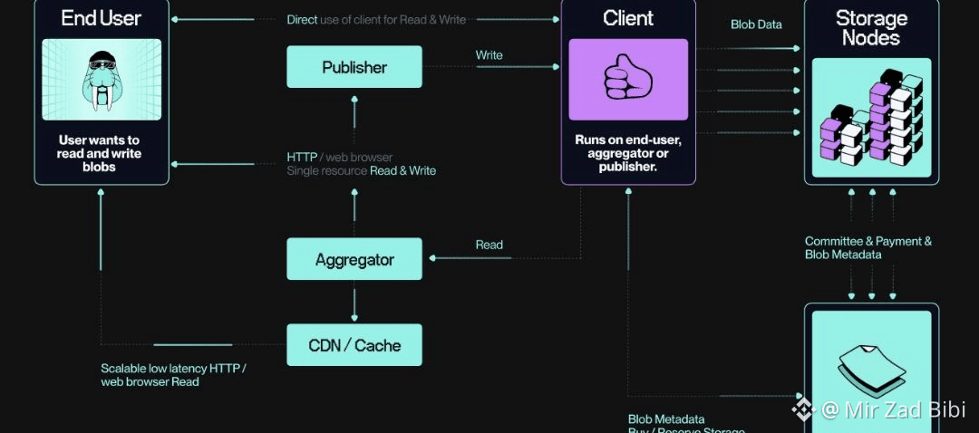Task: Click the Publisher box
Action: point(354,67)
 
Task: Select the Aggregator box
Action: point(354,259)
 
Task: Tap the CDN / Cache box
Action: point(354,345)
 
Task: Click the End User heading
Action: point(102,17)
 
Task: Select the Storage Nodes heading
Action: point(871,27)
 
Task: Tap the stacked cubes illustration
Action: point(871,123)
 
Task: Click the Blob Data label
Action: point(756,24)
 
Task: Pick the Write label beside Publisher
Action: point(489,55)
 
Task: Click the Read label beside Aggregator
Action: point(489,245)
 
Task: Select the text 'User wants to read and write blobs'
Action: point(100,153)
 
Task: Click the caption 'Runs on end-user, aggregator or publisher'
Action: point(628,153)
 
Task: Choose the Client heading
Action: point(628,18)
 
